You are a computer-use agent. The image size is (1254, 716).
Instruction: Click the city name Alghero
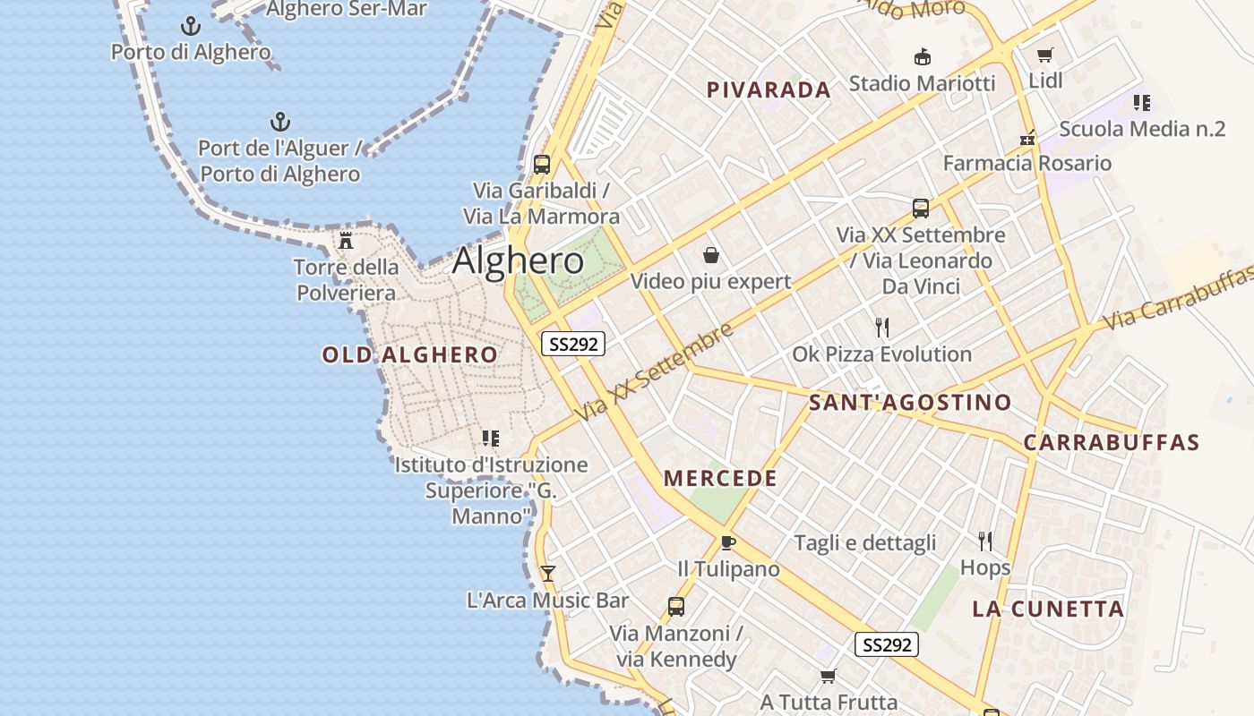[518, 260]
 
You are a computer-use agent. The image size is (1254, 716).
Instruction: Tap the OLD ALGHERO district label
[409, 354]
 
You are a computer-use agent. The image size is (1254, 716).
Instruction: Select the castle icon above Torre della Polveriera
[346, 241]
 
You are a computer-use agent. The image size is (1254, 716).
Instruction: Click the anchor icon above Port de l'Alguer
[280, 121]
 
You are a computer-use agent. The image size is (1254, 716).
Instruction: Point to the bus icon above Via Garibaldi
[542, 165]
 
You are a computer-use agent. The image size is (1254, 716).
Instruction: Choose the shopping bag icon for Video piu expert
[711, 256]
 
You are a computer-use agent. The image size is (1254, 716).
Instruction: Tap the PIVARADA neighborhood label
[769, 89]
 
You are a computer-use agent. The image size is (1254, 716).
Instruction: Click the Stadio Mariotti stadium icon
[922, 57]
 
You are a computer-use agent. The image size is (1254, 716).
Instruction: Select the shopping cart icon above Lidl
[1044, 55]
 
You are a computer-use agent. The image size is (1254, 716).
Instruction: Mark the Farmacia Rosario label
[1026, 163]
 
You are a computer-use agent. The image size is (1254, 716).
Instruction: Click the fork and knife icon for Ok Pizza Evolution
[882, 327]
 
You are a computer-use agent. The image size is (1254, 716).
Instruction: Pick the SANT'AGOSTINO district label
[910, 403]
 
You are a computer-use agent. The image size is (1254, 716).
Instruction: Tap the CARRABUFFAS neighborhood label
[1111, 442]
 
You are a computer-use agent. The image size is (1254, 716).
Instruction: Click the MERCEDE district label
[720, 478]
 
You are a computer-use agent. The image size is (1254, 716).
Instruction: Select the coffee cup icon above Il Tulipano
[728, 542]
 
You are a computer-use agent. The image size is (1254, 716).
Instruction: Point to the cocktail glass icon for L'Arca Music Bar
[548, 573]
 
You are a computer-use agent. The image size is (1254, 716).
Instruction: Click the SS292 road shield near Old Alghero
[573, 344]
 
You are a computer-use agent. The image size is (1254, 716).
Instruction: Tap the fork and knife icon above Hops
[985, 541]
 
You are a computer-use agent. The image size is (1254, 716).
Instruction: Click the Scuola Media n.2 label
[1142, 128]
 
